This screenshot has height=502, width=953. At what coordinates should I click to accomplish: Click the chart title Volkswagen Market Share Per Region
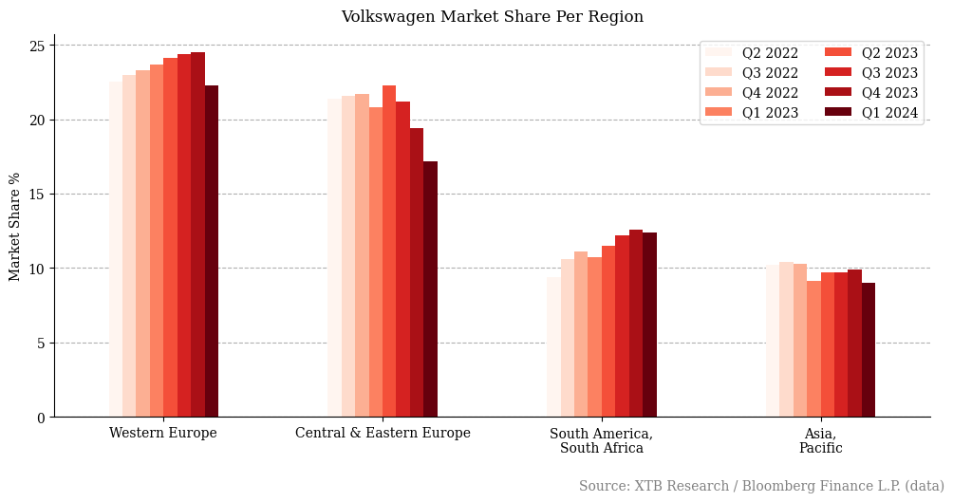(492, 17)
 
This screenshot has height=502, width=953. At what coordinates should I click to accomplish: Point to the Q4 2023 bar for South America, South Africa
(636, 324)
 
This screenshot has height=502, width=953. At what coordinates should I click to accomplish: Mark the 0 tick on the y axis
(41, 418)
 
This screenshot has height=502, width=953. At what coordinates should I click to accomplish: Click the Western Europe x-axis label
(163, 434)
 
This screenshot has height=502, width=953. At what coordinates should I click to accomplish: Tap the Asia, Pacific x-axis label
(820, 441)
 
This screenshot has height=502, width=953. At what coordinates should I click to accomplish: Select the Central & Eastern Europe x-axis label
(383, 434)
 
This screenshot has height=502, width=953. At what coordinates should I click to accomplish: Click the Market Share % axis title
(15, 227)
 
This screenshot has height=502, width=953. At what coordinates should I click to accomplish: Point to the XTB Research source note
(761, 486)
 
